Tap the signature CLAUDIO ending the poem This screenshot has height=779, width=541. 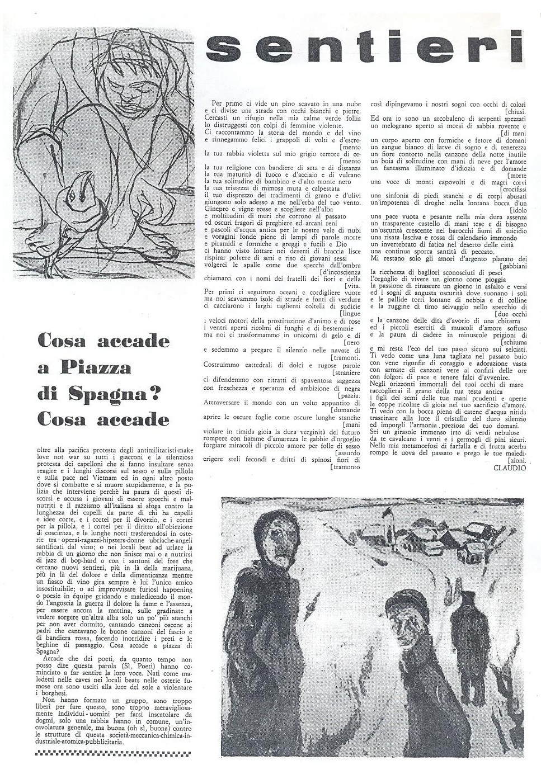510,468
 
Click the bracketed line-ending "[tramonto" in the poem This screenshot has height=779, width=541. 345,466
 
